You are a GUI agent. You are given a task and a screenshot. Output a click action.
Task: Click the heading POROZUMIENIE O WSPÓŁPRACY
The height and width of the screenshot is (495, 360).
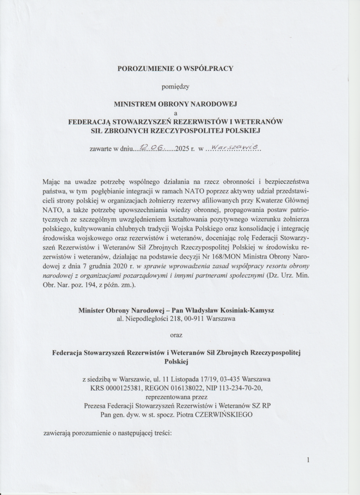(x=175, y=68)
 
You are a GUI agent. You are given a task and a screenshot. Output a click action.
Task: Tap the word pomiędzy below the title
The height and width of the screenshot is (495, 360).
(x=175, y=87)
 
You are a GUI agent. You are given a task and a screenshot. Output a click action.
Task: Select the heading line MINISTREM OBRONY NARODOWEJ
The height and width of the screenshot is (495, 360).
(x=175, y=105)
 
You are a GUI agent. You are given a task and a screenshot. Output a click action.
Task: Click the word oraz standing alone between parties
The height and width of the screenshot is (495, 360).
(x=176, y=335)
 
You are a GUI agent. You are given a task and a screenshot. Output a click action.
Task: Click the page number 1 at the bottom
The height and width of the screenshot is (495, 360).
(x=308, y=460)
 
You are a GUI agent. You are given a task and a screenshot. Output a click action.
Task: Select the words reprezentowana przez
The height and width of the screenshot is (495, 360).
(x=176, y=397)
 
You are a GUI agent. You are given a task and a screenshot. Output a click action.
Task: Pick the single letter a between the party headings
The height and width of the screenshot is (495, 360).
(x=176, y=113)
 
